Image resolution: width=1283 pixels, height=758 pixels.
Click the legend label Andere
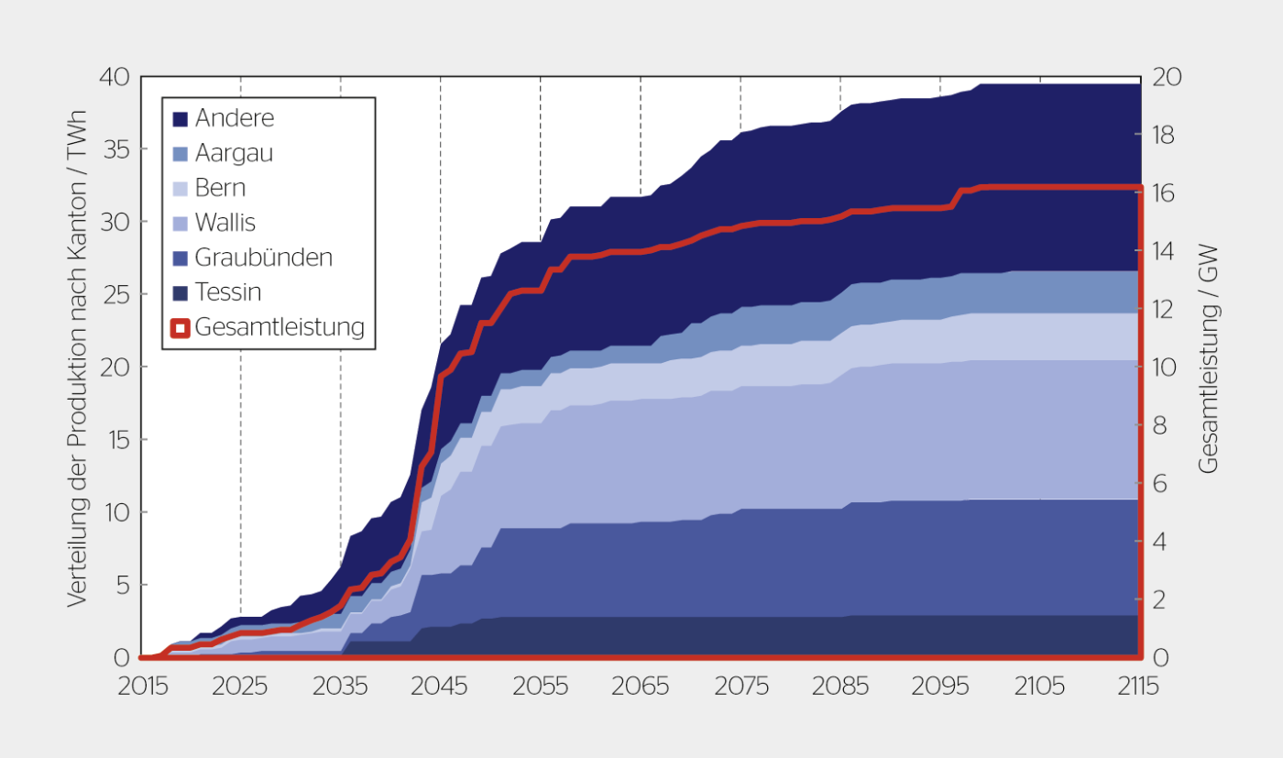(x=234, y=118)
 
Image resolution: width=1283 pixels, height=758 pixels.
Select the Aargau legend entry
(x=234, y=153)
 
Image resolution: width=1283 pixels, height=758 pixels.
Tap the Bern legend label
(x=220, y=188)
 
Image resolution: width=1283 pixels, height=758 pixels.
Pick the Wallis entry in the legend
(x=225, y=223)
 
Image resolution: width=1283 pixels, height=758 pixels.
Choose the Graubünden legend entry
(x=263, y=258)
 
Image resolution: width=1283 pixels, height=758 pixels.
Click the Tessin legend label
(x=228, y=292)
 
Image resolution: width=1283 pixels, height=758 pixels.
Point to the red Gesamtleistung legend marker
(x=180, y=327)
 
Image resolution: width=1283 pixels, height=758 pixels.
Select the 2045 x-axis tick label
(x=441, y=687)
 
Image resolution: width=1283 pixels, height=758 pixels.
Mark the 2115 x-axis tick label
(x=1139, y=687)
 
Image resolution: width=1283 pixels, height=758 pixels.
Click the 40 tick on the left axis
(x=115, y=77)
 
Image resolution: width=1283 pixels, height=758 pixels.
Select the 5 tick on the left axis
(x=122, y=585)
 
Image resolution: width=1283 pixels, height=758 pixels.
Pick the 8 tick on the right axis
(x=1161, y=425)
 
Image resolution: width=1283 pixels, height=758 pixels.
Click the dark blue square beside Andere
(x=180, y=119)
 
